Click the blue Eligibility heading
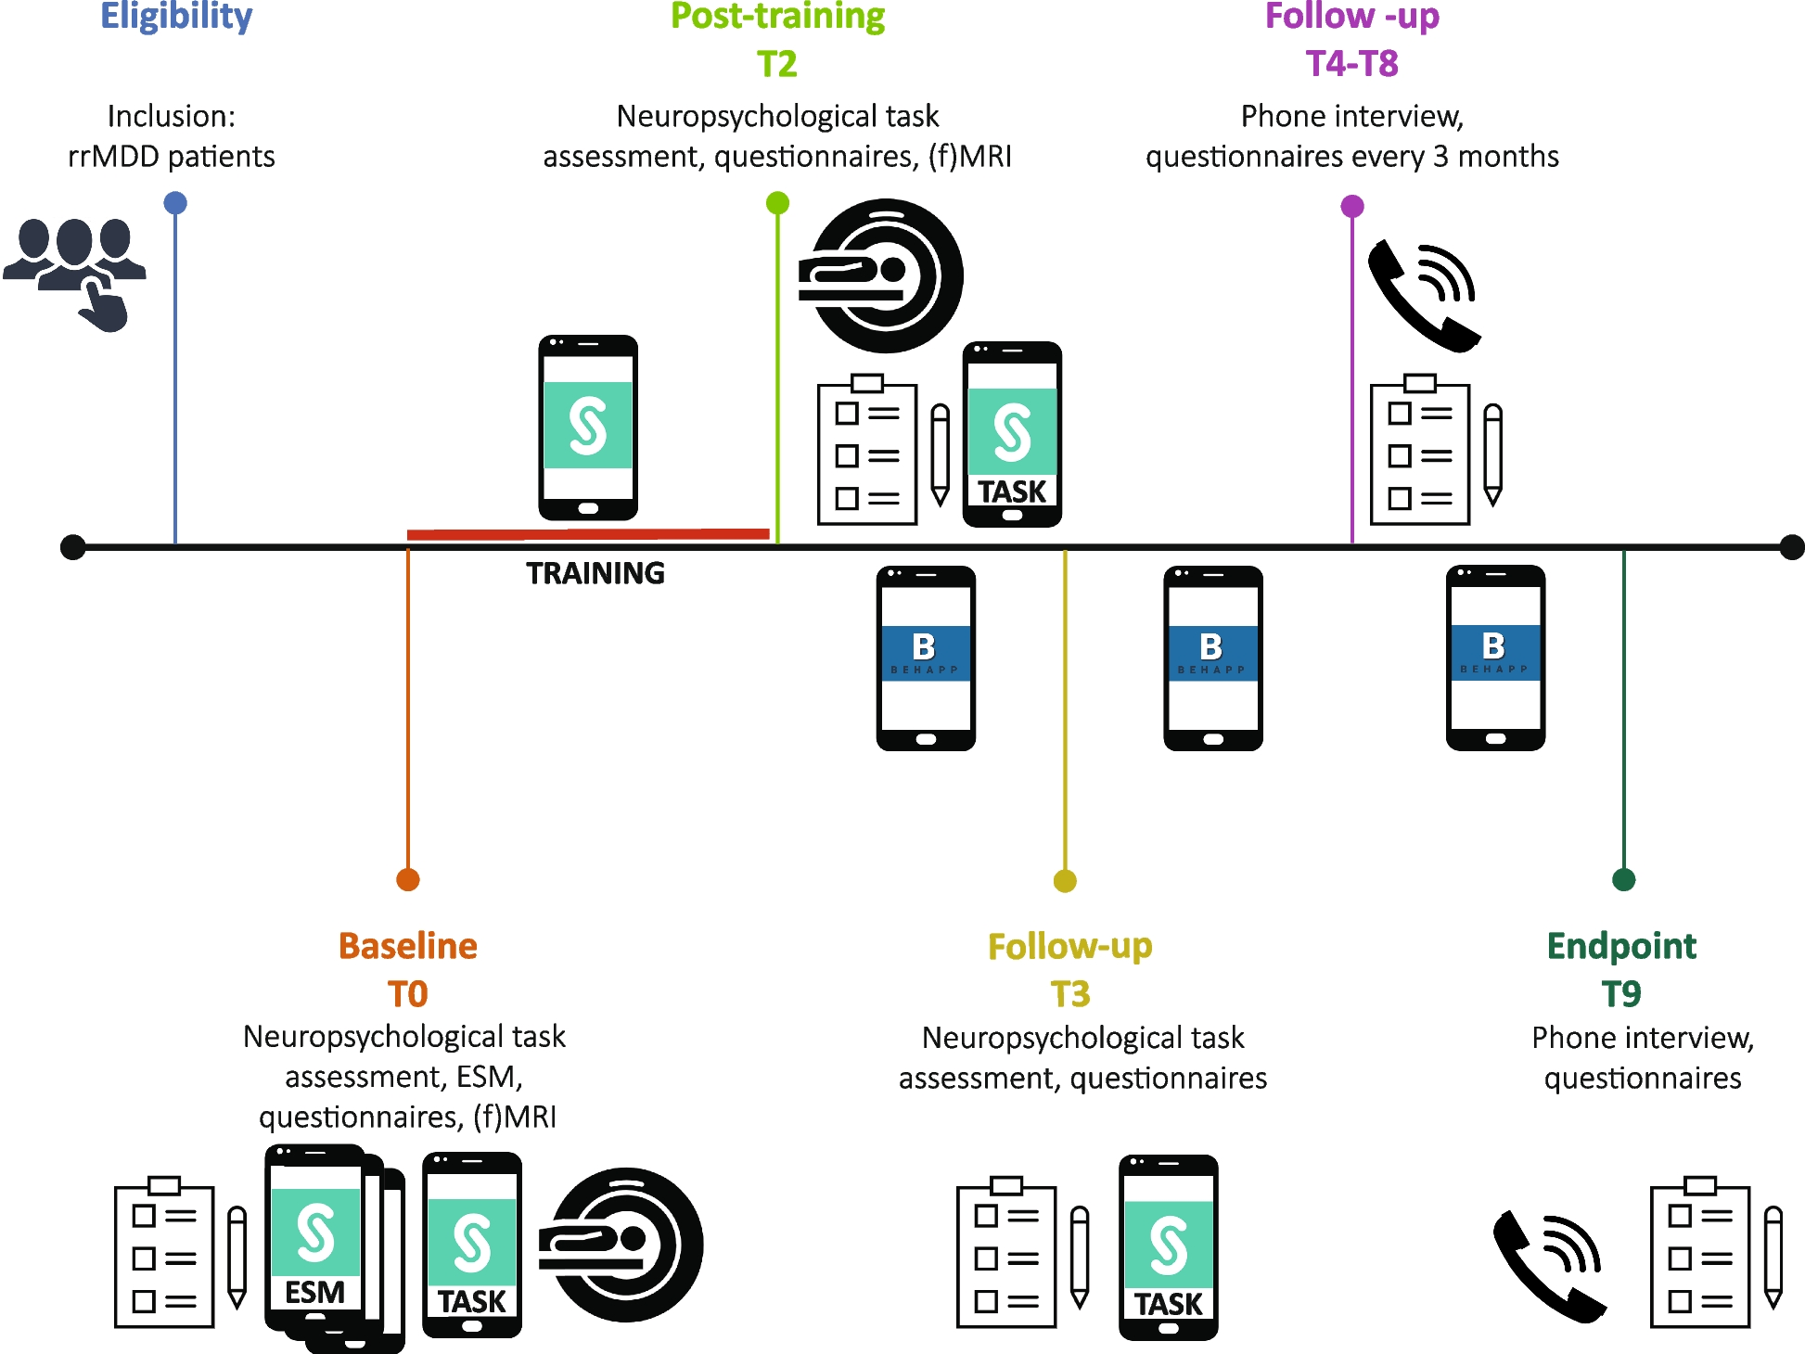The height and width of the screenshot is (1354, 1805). click(176, 17)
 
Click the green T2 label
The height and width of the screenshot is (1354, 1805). click(777, 64)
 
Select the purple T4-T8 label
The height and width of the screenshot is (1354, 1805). click(1351, 64)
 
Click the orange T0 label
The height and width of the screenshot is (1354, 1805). click(407, 994)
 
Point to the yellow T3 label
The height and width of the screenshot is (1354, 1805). click(1069, 994)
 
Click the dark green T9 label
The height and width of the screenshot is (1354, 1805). click(1621, 994)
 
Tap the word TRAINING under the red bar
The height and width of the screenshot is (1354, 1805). click(595, 573)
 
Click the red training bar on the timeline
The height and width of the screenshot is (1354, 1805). click(588, 533)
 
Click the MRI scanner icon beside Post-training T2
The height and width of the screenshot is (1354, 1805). click(881, 275)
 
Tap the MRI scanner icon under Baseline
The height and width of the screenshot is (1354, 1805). click(622, 1245)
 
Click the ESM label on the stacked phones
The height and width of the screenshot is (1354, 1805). click(314, 1292)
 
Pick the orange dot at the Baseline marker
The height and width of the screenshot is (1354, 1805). click(408, 879)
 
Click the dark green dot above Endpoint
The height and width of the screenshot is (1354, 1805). click(1623, 879)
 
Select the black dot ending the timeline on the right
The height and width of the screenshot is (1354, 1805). click(1792, 547)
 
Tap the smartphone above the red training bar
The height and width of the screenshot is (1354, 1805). click(588, 428)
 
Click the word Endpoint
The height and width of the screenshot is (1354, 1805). click(1621, 946)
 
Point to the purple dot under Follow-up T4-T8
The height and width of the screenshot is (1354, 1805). click(1352, 206)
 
